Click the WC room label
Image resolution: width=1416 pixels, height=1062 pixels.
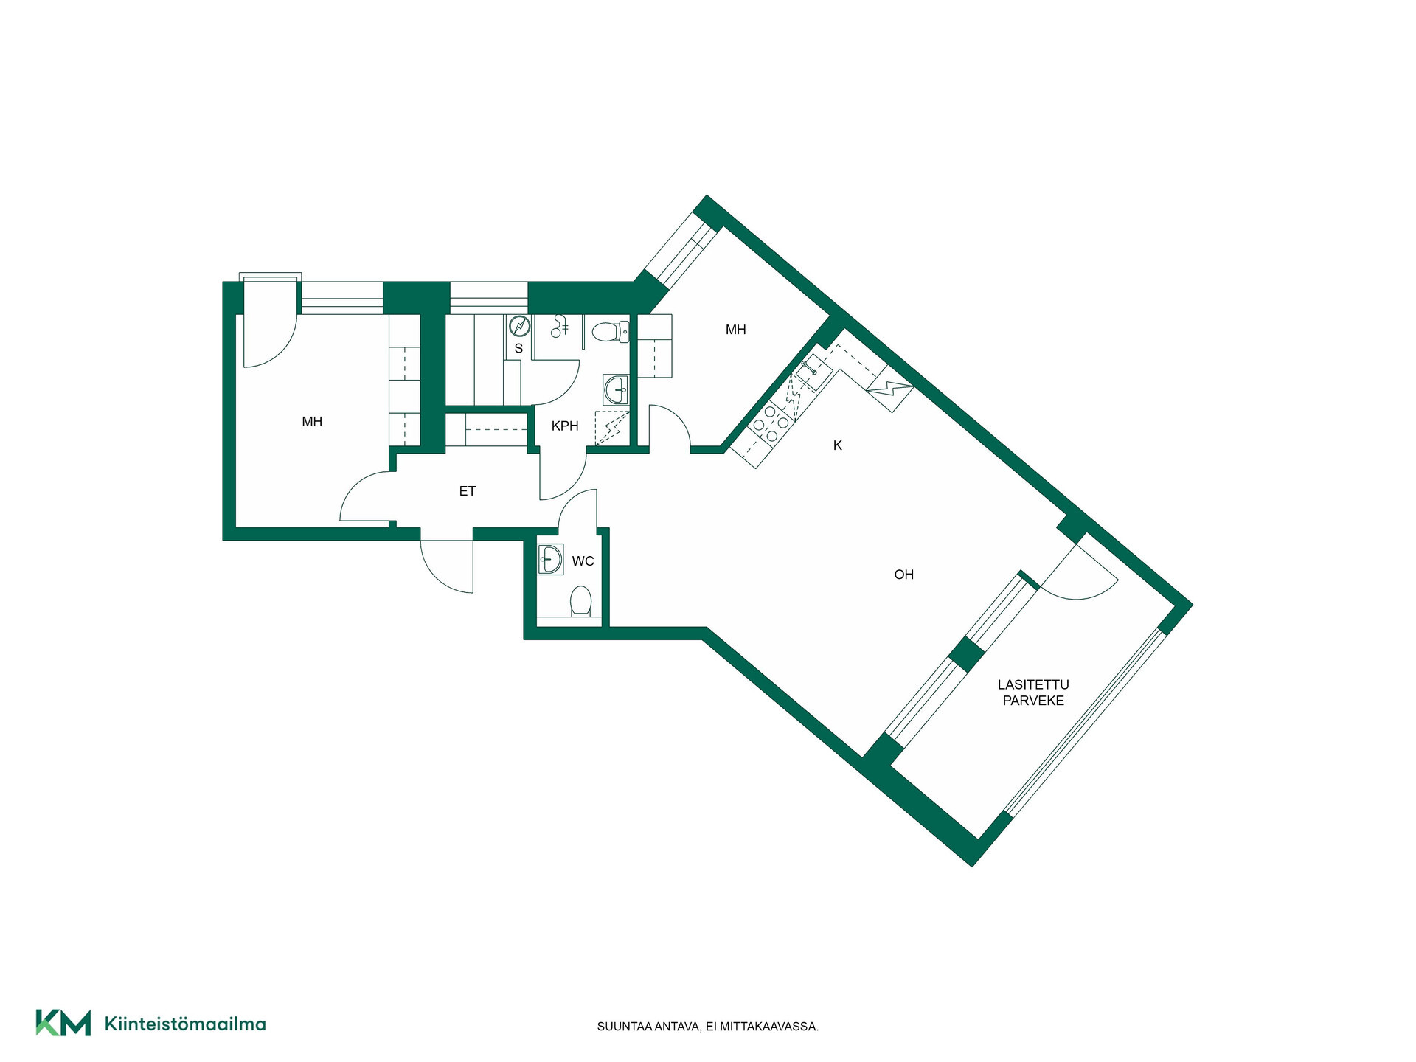tap(583, 561)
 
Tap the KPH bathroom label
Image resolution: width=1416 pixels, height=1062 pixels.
tap(565, 426)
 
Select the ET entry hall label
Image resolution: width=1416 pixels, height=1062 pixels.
tap(468, 490)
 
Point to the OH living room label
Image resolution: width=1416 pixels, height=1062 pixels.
tap(903, 575)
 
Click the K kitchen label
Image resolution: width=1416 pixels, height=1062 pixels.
tap(837, 445)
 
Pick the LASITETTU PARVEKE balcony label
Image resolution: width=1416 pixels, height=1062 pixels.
tap(1033, 693)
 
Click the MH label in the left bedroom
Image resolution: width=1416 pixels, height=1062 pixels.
tap(312, 422)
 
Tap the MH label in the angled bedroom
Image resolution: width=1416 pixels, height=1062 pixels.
tap(735, 330)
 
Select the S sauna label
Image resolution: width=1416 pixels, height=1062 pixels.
tap(518, 348)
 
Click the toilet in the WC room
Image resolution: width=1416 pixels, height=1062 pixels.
tap(581, 601)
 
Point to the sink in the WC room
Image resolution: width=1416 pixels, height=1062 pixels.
tap(550, 560)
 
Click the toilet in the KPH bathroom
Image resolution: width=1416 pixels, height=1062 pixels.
tap(611, 332)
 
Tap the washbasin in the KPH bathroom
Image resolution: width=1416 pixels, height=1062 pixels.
tap(615, 389)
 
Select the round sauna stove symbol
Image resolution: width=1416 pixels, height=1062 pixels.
tap(520, 326)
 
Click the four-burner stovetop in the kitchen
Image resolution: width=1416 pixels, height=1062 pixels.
tap(771, 424)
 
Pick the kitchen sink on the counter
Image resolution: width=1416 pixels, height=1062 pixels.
tap(813, 371)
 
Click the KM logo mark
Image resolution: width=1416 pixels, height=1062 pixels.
tap(63, 1023)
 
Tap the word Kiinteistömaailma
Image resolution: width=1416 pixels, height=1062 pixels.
tap(185, 1024)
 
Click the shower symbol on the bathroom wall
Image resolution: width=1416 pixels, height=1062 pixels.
tap(560, 326)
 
